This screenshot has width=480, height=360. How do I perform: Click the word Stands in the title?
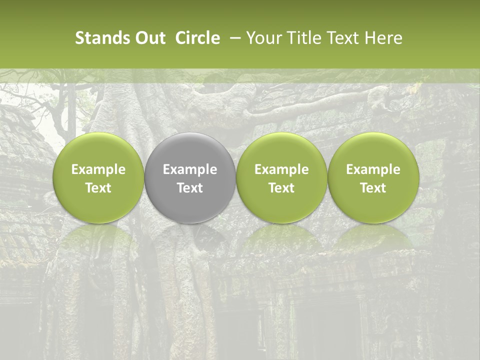(103, 38)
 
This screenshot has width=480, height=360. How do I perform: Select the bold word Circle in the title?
(197, 38)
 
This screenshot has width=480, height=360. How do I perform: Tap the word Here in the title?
(383, 38)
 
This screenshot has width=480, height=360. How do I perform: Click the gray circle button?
(190, 177)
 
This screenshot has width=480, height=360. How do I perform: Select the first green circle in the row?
(98, 177)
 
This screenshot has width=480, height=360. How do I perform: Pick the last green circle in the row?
(373, 177)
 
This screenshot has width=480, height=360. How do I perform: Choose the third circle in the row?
(281, 177)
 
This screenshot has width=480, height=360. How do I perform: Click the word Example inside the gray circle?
(190, 169)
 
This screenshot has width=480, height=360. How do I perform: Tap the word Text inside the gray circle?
(190, 188)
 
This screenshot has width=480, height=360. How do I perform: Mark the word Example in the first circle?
(98, 169)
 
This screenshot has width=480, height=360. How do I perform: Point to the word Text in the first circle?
(98, 188)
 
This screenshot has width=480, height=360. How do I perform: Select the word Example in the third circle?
(281, 169)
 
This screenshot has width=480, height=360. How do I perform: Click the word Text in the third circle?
(281, 188)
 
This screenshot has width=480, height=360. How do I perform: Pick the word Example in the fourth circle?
(373, 169)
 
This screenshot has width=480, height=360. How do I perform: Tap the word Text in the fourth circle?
(373, 188)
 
